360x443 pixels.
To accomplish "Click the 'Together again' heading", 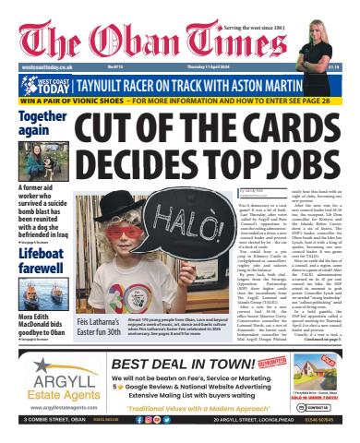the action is coord(42,124).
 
